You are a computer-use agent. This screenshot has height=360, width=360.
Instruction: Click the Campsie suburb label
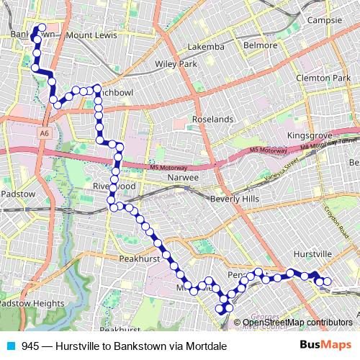[x=325, y=20]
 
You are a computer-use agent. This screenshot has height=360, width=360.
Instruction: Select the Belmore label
[x=260, y=45]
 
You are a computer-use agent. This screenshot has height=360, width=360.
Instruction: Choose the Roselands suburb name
[x=212, y=119]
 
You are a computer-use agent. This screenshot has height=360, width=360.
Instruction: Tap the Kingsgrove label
[x=307, y=135]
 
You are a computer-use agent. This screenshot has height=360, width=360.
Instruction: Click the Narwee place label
[x=183, y=176]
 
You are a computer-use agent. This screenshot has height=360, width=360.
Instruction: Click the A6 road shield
[x=45, y=133]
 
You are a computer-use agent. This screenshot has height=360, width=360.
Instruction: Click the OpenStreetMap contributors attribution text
[x=298, y=323]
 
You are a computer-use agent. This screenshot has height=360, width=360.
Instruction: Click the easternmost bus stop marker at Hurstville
[x=328, y=282]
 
